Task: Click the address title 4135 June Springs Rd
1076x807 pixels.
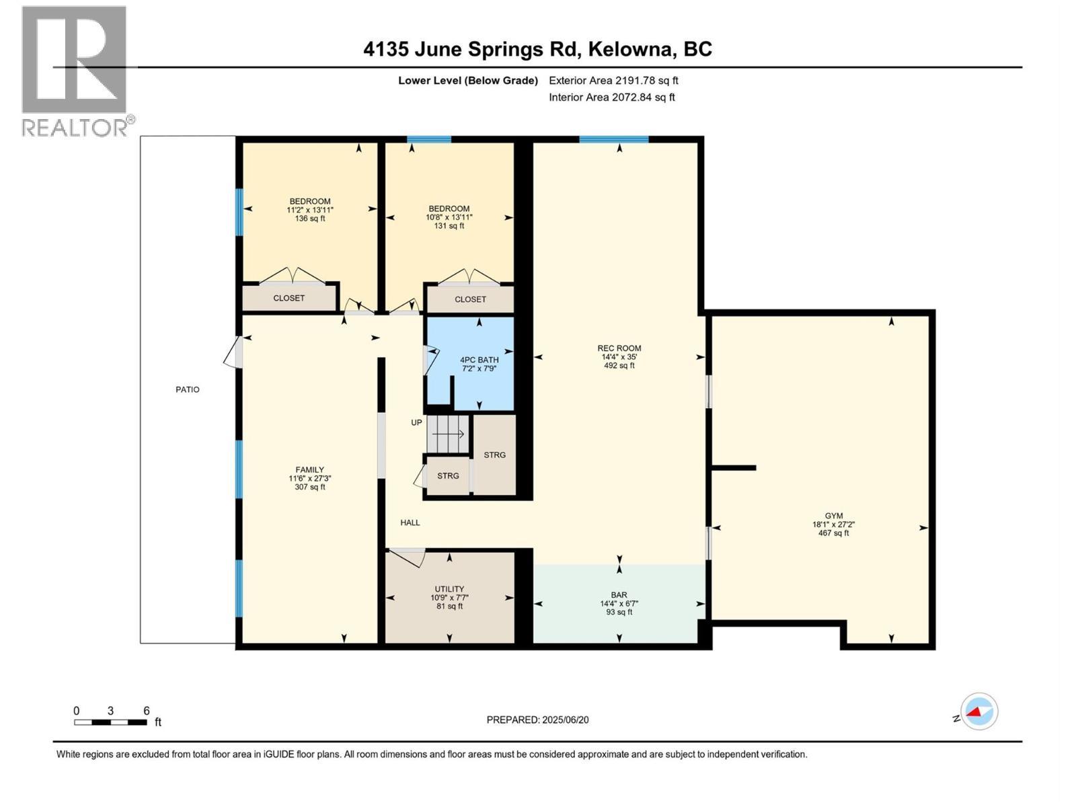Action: pos(537,49)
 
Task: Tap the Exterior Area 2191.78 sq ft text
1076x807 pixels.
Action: pos(613,80)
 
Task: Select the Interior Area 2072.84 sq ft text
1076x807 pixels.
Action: pos(611,97)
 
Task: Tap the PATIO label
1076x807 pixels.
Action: pos(188,389)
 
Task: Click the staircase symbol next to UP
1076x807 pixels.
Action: pos(448,434)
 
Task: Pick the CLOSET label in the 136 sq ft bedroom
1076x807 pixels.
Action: pos(289,298)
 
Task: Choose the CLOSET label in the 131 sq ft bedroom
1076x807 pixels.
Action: pos(470,299)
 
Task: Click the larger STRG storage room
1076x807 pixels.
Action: pos(494,455)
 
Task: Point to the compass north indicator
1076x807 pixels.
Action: pos(978,712)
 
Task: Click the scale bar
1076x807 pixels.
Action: pos(110,722)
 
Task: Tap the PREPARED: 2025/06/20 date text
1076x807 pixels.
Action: pos(537,720)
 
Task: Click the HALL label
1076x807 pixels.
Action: pos(410,523)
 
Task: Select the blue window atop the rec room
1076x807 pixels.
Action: pos(614,140)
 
